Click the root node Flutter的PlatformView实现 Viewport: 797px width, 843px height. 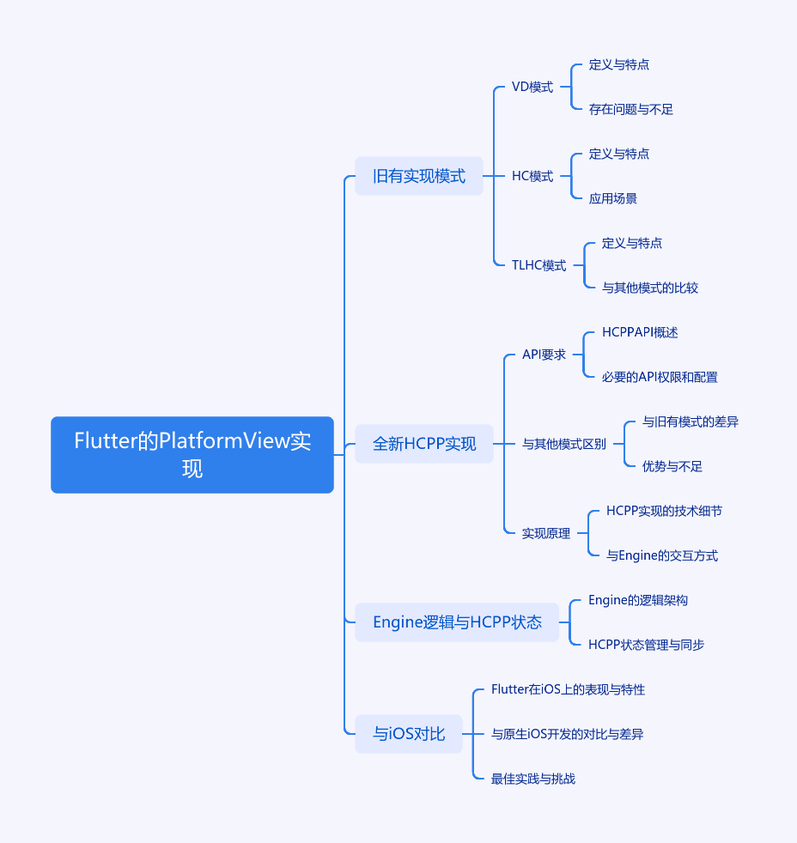tap(192, 455)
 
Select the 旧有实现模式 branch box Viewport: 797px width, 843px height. tap(419, 176)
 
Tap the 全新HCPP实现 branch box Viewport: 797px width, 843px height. tap(424, 444)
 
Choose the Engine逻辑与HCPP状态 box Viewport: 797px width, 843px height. tap(457, 622)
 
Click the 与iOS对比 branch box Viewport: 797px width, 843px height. tap(409, 734)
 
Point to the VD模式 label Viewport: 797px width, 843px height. tap(532, 87)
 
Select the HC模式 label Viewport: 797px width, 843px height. tap(532, 176)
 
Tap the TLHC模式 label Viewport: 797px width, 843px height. tap(538, 265)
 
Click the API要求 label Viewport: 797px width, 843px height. tap(544, 355)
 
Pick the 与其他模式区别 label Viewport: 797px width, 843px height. tap(564, 444)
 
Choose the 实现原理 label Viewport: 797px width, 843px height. tap(546, 533)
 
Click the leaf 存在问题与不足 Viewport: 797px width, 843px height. tap(631, 110)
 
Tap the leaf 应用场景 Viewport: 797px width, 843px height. tap(612, 199)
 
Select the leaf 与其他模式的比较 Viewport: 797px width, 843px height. tap(649, 288)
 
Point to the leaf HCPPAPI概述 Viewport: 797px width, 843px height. tap(640, 332)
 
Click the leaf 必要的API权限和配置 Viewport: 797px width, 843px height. tap(660, 378)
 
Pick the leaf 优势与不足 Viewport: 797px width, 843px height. tap(672, 467)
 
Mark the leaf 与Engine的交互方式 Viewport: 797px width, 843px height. tap(662, 556)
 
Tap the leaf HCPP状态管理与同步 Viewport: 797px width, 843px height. tap(646, 646)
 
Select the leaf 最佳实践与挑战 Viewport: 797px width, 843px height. tap(533, 779)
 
